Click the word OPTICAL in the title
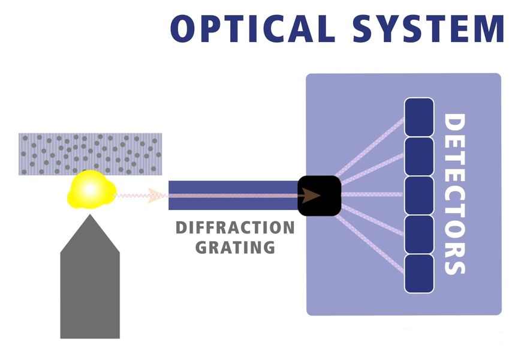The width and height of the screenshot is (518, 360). pos(250,28)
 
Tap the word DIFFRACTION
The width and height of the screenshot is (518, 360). pos(235,229)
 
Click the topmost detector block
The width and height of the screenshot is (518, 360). pos(419,116)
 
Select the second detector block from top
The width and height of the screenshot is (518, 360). pos(419,155)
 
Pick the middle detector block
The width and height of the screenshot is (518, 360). pos(419,195)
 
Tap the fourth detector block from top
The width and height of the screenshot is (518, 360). pos(419,234)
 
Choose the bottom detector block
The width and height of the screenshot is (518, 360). pos(419,273)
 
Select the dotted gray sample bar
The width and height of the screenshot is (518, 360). pos(90,154)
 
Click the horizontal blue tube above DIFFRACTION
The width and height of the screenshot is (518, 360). pos(234,196)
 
